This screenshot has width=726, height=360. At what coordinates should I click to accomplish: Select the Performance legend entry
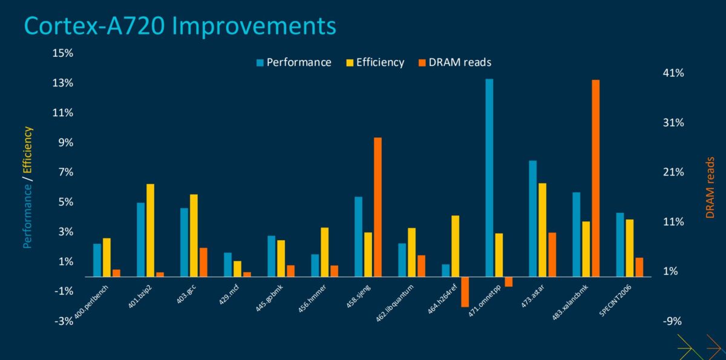click(x=293, y=62)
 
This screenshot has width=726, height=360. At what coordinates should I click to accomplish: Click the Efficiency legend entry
click(x=374, y=62)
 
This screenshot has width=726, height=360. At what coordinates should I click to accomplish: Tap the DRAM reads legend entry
click(x=454, y=62)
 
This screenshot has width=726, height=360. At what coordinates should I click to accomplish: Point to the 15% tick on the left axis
click(x=62, y=53)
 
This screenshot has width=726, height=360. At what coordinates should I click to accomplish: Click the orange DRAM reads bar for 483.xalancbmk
click(x=595, y=178)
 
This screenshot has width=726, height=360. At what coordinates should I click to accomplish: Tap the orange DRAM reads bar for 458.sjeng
click(x=378, y=207)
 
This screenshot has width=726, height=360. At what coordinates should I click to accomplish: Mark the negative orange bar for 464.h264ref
click(x=465, y=292)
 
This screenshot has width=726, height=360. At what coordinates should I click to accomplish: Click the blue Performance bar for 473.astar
click(x=532, y=218)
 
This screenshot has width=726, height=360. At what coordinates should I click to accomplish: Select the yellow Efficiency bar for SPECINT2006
click(x=629, y=247)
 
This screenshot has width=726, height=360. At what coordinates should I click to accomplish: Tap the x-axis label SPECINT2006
click(x=616, y=293)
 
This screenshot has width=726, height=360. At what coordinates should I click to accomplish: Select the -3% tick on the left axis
click(x=64, y=321)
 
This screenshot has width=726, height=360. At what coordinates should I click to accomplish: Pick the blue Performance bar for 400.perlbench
click(x=97, y=260)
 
